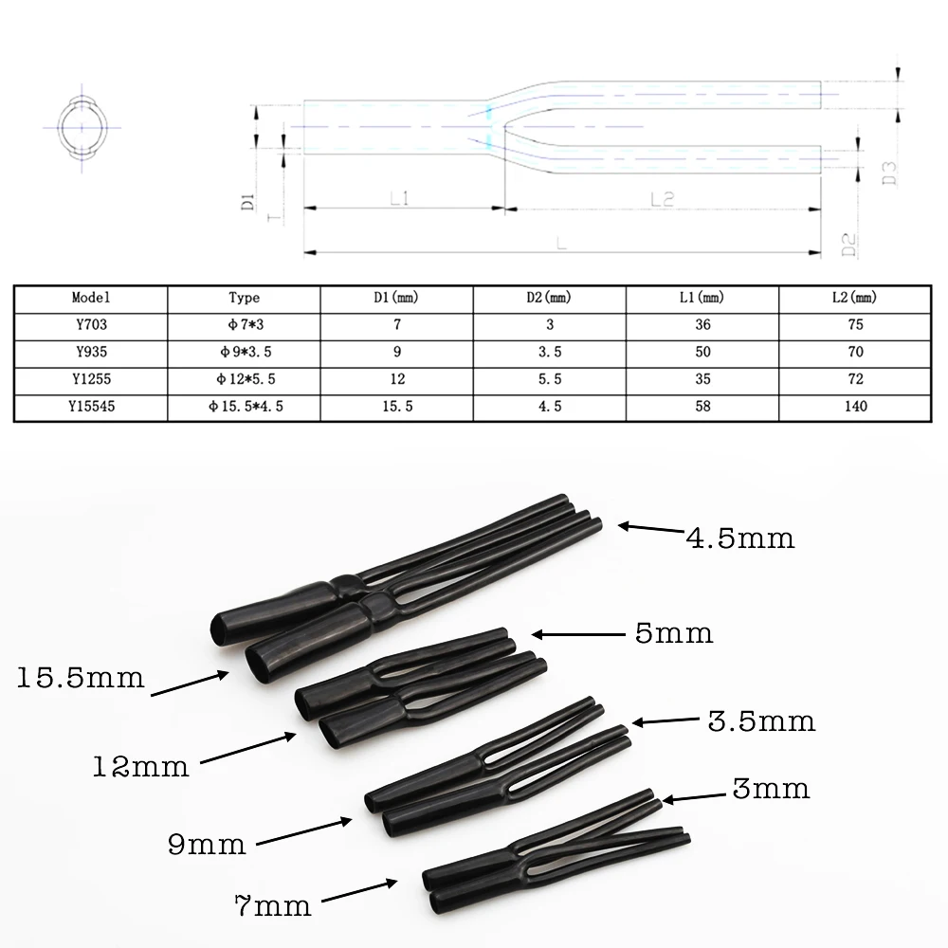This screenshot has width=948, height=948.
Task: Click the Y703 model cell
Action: (x=90, y=324)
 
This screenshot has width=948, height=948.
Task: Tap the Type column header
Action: (x=245, y=298)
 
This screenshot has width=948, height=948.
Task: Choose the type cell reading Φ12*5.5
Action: (x=245, y=379)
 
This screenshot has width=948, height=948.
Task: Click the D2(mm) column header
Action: (x=550, y=298)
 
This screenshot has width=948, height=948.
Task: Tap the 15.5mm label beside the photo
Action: (x=81, y=678)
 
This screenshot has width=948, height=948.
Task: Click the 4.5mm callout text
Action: (x=740, y=538)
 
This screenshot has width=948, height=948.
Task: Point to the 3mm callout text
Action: (x=770, y=787)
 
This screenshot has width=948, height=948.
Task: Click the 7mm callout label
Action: (x=273, y=906)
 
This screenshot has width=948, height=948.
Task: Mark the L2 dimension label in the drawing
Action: (x=661, y=197)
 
